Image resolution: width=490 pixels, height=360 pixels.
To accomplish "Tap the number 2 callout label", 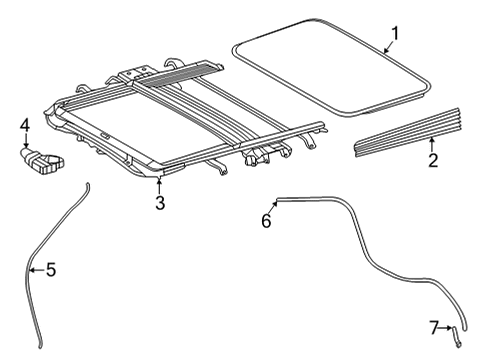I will pyautogui.click(x=432, y=160).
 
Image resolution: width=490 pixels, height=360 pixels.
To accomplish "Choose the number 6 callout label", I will pyautogui.click(x=266, y=221).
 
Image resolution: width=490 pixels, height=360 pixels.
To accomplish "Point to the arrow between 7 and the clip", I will pyautogui.click(x=445, y=328).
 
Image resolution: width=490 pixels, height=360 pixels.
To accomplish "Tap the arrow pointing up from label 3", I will pyautogui.click(x=159, y=185).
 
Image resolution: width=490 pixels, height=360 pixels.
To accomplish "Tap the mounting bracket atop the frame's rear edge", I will pyautogui.click(x=132, y=74).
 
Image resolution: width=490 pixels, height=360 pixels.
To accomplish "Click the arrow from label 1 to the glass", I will pyautogui.click(x=386, y=44).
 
